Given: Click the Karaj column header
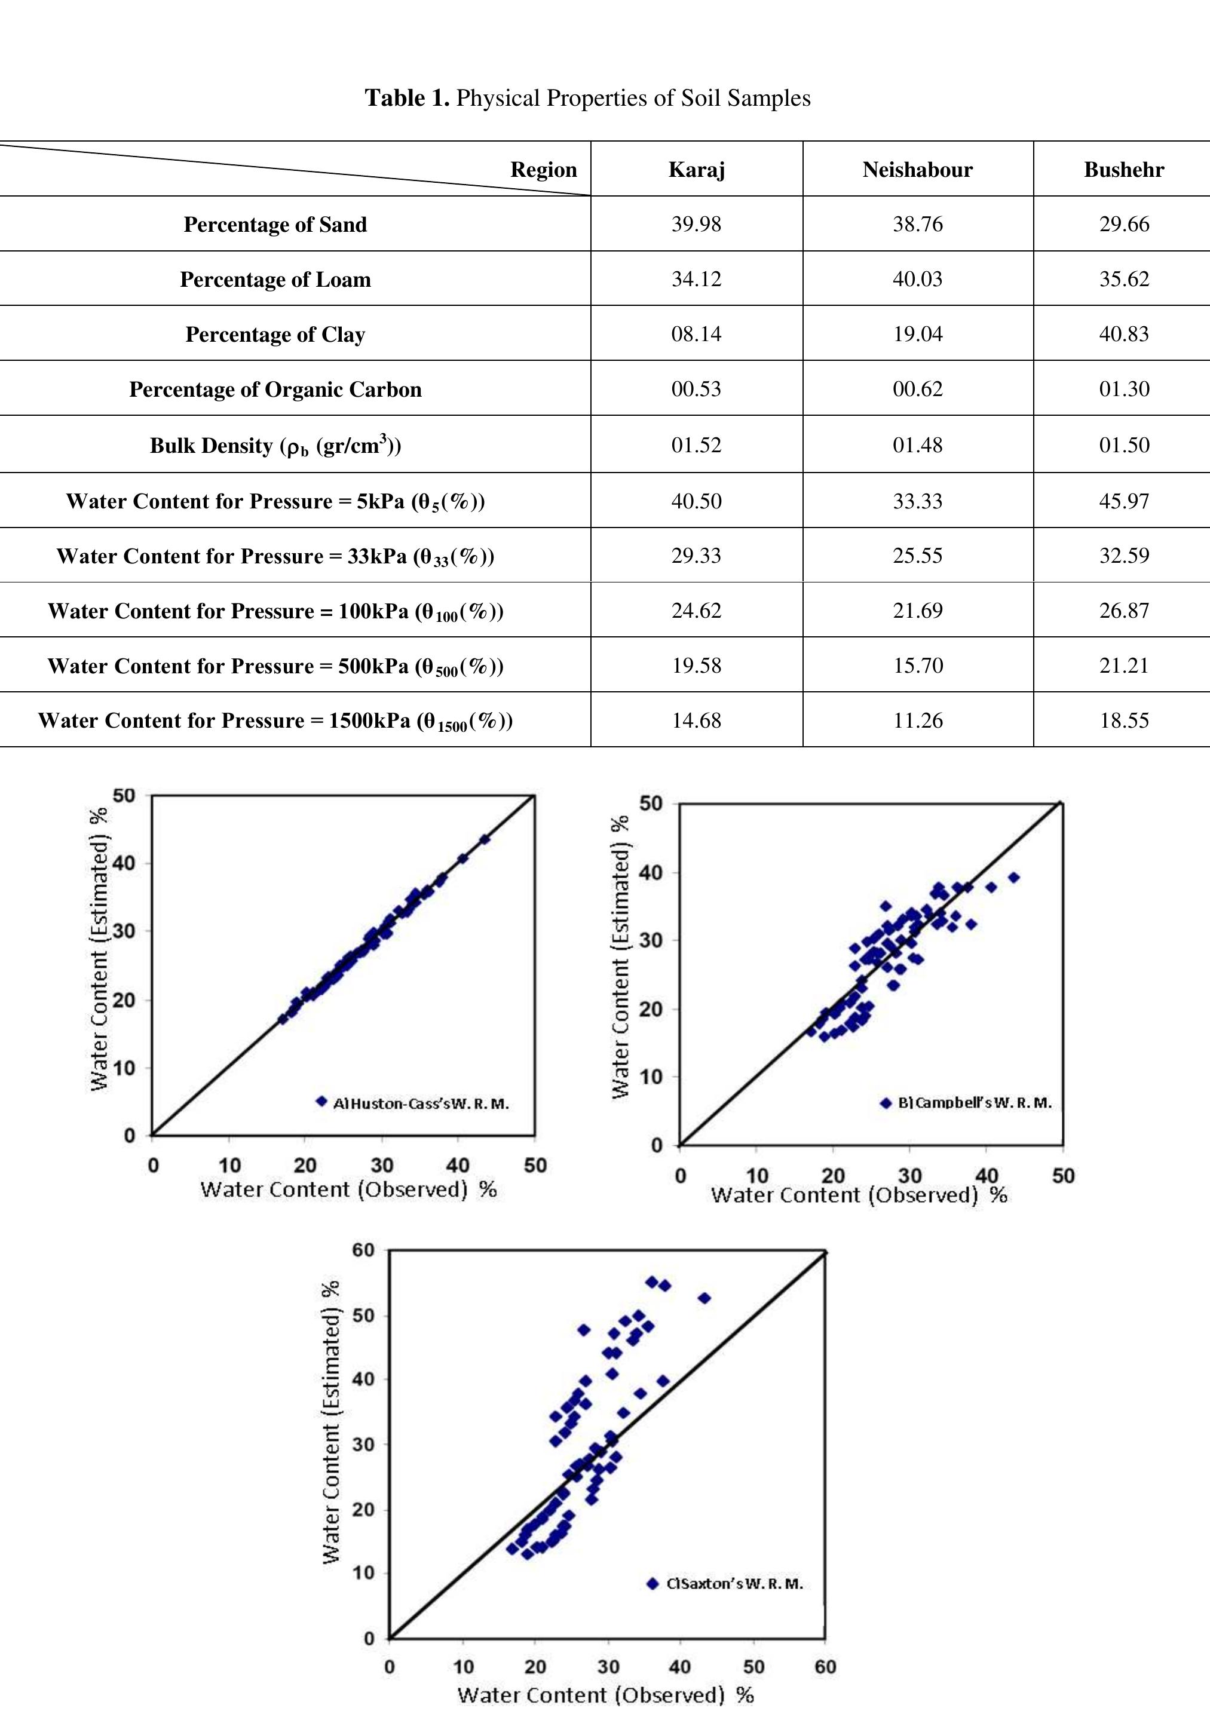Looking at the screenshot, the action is (x=696, y=170).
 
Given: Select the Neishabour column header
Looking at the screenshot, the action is (x=918, y=170).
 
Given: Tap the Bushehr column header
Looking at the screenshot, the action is (x=1123, y=170).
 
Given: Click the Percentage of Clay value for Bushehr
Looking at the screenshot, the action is (x=1123, y=334).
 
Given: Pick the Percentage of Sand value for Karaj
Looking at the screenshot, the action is (x=696, y=224).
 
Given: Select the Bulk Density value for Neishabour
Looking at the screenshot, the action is (x=918, y=445).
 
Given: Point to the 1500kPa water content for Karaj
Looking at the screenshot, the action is (x=696, y=720).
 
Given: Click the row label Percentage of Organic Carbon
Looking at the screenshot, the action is (x=275, y=390).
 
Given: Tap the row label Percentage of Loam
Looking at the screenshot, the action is (x=275, y=280).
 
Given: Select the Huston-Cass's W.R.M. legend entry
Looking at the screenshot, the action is (x=412, y=1103).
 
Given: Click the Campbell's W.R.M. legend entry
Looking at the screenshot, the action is (x=966, y=1103).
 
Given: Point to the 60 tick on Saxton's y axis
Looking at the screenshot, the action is (x=364, y=1249).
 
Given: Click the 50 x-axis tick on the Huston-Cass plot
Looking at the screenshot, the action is (x=535, y=1165).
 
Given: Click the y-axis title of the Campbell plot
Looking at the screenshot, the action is (x=620, y=957).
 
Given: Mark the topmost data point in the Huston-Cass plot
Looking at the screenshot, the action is (x=485, y=839).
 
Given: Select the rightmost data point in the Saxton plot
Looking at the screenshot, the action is (x=704, y=1298).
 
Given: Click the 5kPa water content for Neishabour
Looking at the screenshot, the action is (x=918, y=501).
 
